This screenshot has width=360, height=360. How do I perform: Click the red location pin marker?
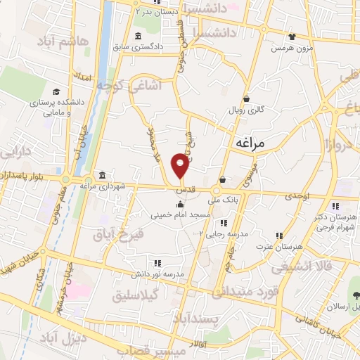181,165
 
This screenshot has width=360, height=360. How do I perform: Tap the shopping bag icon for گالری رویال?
247,99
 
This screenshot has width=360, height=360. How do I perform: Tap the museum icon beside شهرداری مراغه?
103,175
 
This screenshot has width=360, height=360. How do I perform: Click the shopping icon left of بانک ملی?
222,180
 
